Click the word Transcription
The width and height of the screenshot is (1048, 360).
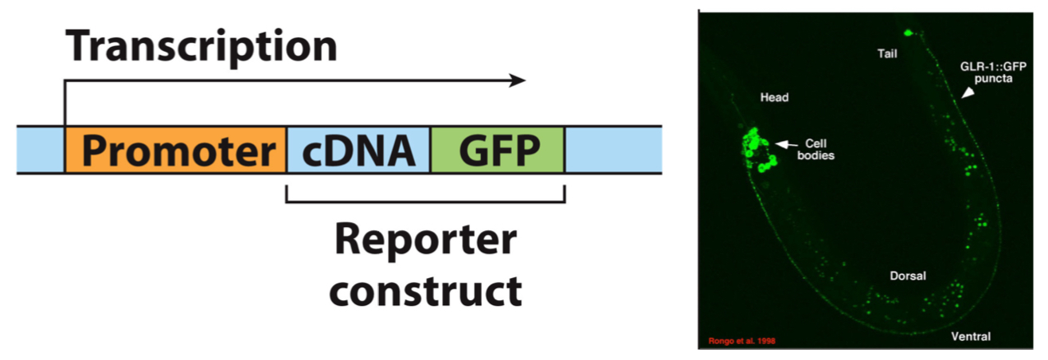[201, 48]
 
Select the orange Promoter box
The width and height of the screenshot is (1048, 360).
[175, 150]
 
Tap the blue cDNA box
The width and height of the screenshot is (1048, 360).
[358, 150]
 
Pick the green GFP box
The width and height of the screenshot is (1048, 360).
[497, 150]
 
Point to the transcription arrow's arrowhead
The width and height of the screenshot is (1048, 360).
[518, 80]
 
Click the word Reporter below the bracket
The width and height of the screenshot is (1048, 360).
[425, 241]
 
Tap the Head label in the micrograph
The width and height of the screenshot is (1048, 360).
[772, 97]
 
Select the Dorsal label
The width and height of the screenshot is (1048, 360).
[908, 276]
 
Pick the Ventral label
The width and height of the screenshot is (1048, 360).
[971, 336]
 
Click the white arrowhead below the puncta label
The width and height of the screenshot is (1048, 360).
[967, 94]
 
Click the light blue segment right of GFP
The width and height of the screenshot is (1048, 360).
[612, 150]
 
